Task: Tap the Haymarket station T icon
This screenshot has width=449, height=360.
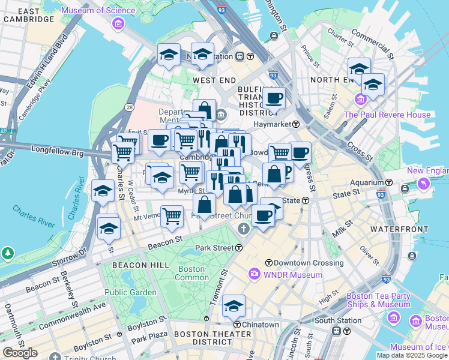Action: point(296,124)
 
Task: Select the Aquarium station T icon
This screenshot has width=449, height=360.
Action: point(389,182)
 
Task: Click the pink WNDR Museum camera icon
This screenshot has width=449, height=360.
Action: point(255,275)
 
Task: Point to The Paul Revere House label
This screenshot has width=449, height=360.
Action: point(396,115)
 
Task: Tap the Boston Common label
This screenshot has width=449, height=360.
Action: point(191,273)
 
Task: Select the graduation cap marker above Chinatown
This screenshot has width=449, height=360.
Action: point(234,306)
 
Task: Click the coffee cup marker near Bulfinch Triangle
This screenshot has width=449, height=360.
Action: point(274,98)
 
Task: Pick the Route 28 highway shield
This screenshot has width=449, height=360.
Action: point(129,107)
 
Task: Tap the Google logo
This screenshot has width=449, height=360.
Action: point(20,353)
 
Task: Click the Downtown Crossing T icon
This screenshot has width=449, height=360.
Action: point(269,263)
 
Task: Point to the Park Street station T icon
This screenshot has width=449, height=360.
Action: point(239,247)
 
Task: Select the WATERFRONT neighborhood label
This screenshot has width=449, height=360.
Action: point(399,229)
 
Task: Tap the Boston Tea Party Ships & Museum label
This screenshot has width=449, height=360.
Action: point(378,300)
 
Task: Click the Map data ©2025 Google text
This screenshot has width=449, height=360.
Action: point(412,355)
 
